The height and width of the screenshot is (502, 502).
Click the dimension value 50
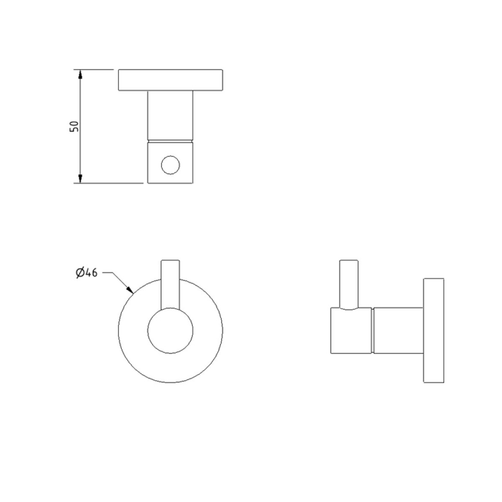(73, 125)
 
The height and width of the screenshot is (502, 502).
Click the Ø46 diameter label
(86, 273)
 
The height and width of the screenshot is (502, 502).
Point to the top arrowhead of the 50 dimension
(80, 74)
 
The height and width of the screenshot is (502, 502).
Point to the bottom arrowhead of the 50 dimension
(80, 178)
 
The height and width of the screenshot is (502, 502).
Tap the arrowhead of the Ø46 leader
(131, 291)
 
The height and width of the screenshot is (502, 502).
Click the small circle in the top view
(169, 166)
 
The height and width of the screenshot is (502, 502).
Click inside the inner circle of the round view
(169, 331)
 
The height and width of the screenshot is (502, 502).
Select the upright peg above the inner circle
(170, 282)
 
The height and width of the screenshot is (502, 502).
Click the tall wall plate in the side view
(434, 330)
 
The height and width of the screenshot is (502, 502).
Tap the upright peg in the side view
(348, 282)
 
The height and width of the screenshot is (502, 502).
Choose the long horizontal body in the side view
(399, 330)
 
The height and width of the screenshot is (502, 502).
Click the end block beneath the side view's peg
(350, 331)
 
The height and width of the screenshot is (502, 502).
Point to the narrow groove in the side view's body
(374, 330)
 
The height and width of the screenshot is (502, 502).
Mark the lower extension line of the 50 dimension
(110, 183)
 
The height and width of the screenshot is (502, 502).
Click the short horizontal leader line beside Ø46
(108, 273)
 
